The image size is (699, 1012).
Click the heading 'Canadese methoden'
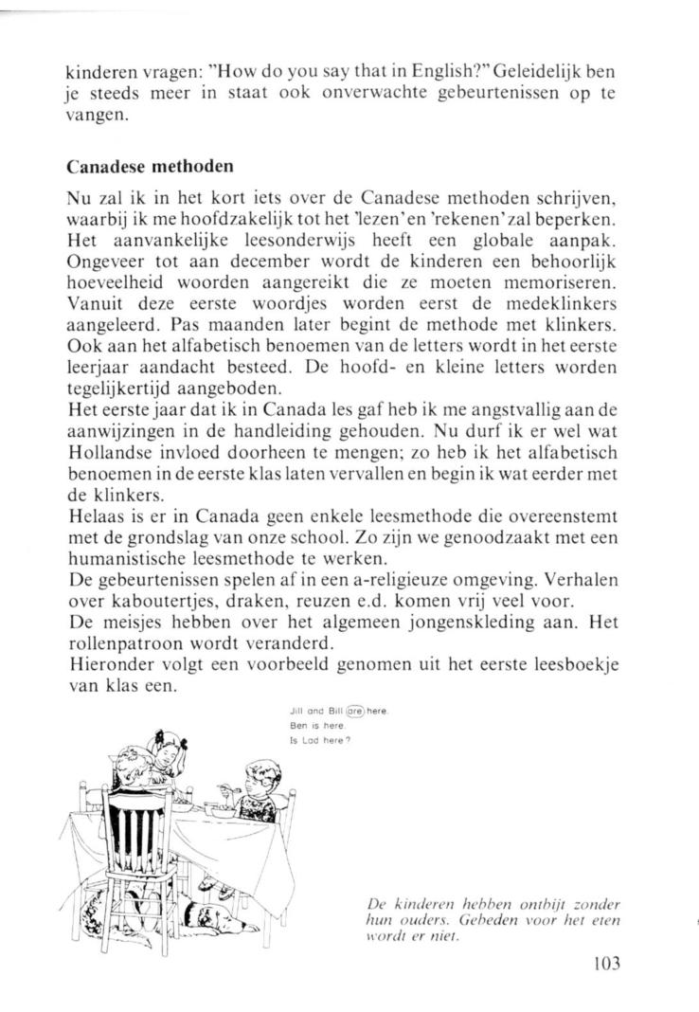149,168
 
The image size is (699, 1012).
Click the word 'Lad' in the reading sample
307,740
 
